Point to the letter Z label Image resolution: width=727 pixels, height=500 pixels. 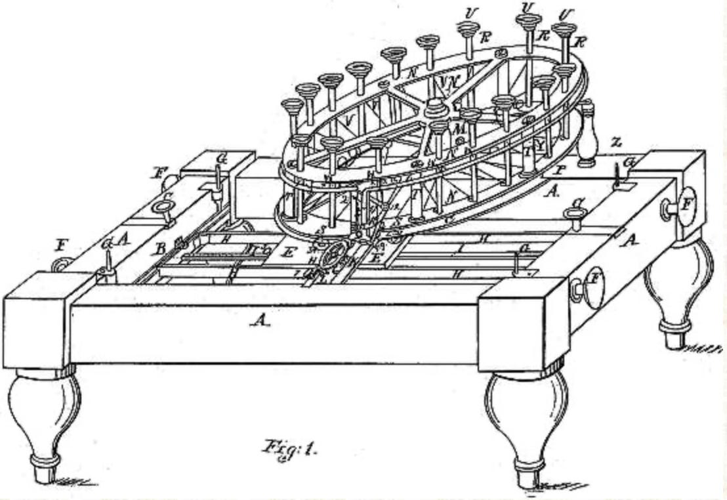[x=614, y=140]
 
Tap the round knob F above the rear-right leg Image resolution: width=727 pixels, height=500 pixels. [x=684, y=207]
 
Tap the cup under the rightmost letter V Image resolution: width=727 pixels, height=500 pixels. [x=564, y=32]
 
